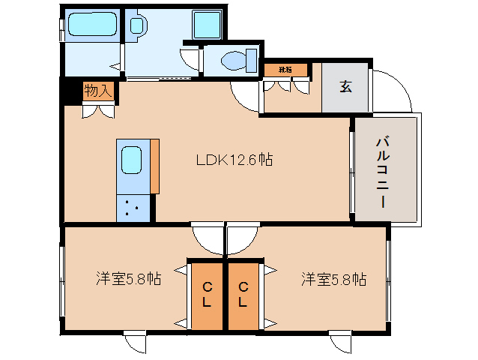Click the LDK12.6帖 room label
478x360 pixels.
coord(234,160)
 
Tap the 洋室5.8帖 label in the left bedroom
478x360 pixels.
coord(127,279)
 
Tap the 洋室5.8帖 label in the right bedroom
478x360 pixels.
coord(333,279)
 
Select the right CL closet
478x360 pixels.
coord(243,295)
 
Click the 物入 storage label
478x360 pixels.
coord(98,91)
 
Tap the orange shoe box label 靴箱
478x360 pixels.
coord(285,70)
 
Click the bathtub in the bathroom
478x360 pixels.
coord(89,26)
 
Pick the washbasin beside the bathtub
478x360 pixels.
coord(139,25)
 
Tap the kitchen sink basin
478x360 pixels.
coord(132,160)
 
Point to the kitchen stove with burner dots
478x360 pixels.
coord(132,207)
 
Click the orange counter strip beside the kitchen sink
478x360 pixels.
coord(155,166)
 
